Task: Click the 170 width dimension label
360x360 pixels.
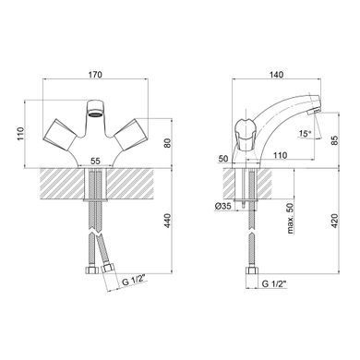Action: (x=95, y=75)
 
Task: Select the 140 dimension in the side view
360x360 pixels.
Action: (x=276, y=75)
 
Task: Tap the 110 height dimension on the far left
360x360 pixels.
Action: (x=20, y=134)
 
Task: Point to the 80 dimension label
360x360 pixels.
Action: (x=167, y=143)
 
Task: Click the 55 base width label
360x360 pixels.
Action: (x=95, y=161)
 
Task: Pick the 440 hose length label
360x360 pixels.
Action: (x=167, y=221)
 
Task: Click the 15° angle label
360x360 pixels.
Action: (x=305, y=134)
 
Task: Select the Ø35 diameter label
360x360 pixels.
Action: (x=223, y=207)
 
